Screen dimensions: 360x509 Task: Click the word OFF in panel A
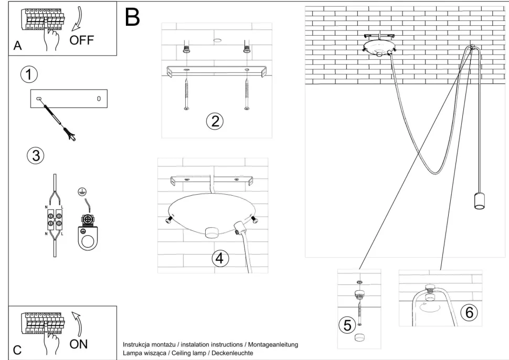[83, 41]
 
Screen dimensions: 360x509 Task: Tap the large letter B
[133, 18]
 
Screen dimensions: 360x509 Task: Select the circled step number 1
[29, 75]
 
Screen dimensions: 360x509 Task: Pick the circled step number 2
[214, 122]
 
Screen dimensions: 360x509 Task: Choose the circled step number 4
[220, 258]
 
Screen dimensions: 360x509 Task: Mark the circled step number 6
[469, 312]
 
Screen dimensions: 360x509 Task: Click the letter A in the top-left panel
[17, 46]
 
